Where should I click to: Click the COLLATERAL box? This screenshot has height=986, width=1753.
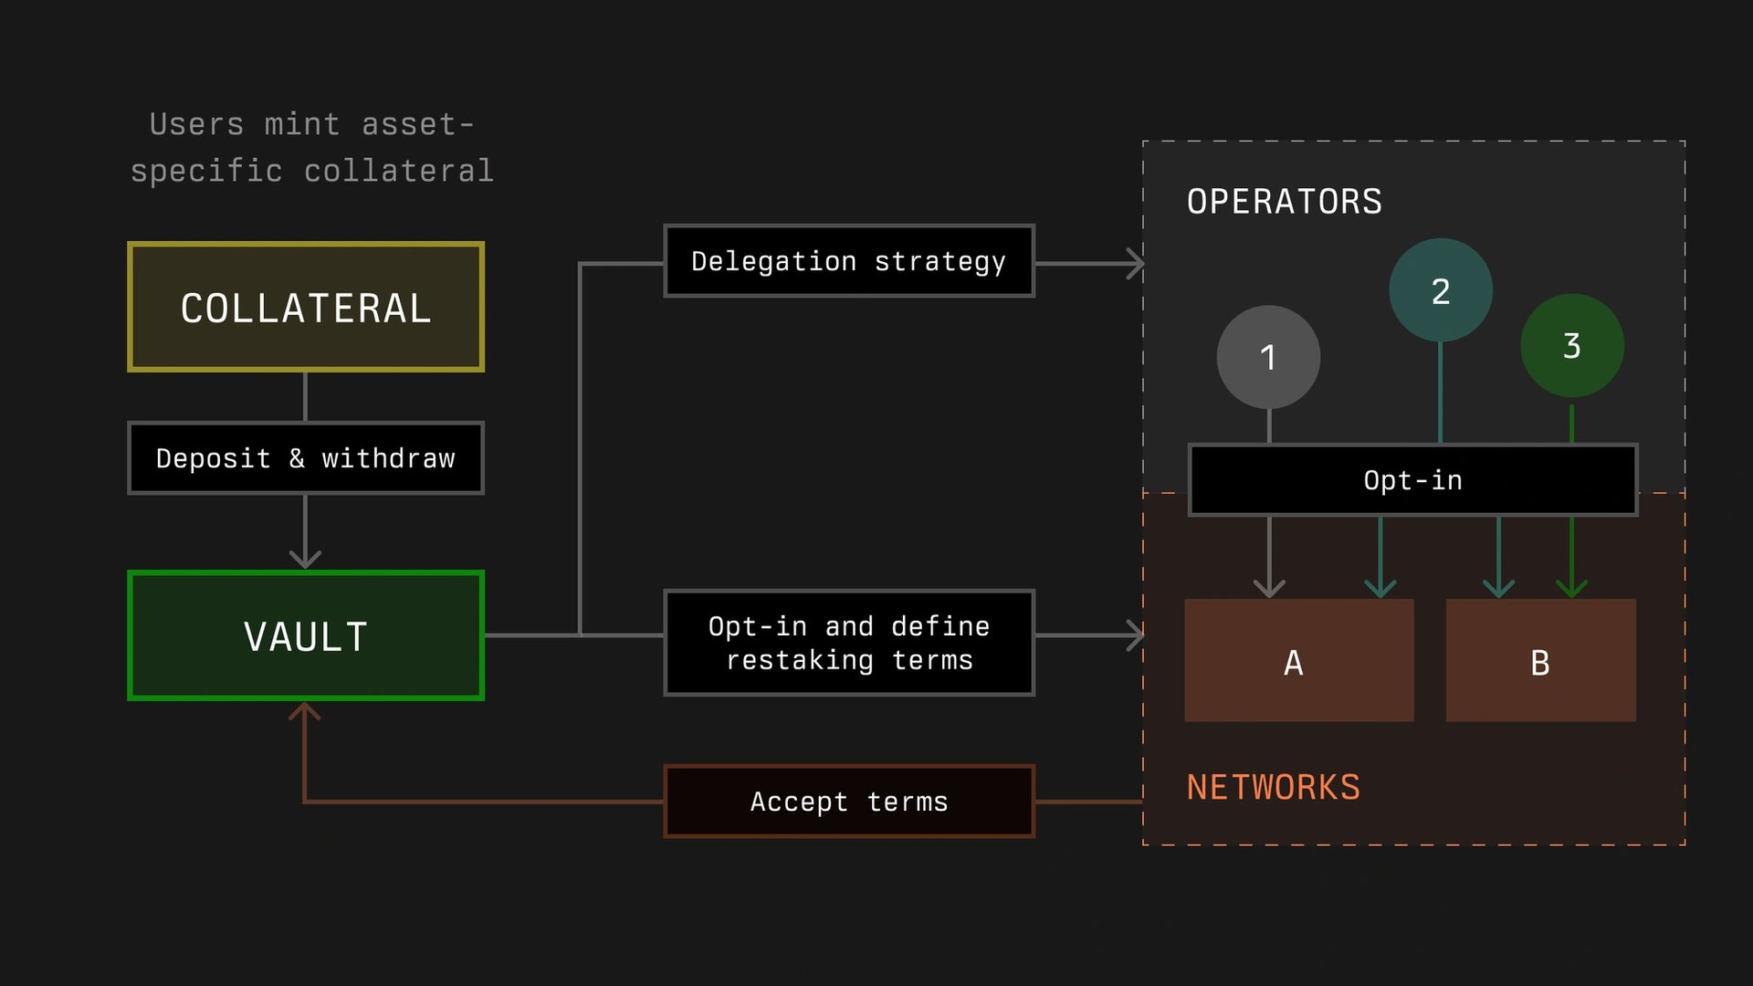coord(305,307)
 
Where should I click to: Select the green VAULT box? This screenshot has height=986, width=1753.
coord(305,635)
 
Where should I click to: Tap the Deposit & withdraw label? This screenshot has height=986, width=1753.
coord(305,457)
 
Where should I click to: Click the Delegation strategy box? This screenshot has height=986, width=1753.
coord(848,261)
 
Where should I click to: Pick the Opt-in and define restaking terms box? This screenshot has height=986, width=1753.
coord(848,643)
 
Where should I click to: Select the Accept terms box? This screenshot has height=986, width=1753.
coord(848,802)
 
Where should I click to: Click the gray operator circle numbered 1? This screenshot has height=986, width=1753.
coord(1268,357)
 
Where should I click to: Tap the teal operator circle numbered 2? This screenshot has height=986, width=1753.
coord(1440,290)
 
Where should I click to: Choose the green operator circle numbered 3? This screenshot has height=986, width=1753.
coord(1571,345)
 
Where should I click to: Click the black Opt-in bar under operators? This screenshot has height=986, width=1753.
coord(1412,480)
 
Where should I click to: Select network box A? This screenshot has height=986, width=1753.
coord(1298,661)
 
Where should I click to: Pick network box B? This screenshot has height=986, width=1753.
coord(1540,661)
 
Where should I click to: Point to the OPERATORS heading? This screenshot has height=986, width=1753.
coord(1284,201)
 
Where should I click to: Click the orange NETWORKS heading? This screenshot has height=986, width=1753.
coord(1273,787)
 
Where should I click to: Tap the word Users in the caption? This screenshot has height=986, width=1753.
coord(196,124)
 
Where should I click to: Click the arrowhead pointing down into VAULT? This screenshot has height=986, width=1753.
coord(305,558)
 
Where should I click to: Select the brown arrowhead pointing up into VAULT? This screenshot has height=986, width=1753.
coord(305,712)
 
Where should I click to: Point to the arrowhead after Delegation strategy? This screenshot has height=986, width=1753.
coord(1135,264)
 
